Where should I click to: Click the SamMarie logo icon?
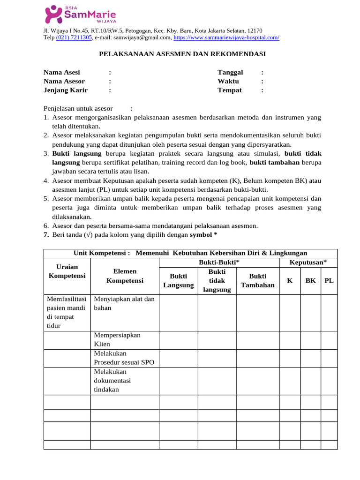(53, 14)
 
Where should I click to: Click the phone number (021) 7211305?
(74, 37)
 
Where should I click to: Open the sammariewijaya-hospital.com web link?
(226, 37)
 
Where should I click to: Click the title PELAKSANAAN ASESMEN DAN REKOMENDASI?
(182, 54)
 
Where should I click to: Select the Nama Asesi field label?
(62, 72)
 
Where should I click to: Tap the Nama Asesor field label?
(64, 81)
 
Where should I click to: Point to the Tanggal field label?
(230, 72)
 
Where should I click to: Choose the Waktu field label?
(228, 81)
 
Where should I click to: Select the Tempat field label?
(230, 90)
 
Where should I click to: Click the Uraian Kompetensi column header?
(67, 271)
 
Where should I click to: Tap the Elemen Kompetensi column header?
(125, 276)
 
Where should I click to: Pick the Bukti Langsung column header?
(178, 280)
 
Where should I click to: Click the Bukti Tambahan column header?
(257, 280)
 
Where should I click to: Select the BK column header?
(310, 280)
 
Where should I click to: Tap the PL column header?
(329, 280)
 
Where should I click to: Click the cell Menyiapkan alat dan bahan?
(124, 304)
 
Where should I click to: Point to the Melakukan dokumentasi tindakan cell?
(112, 380)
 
